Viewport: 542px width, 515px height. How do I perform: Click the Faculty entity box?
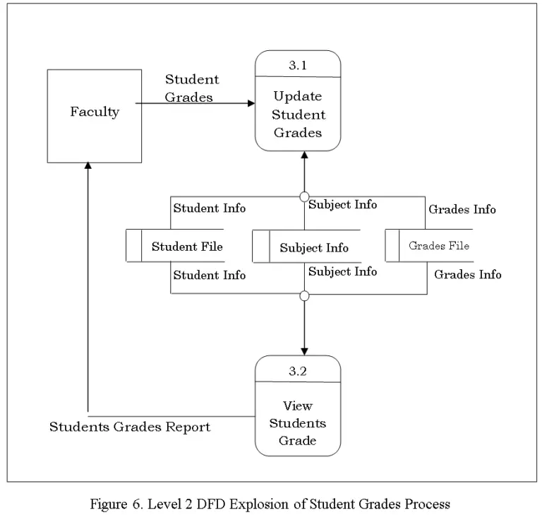tap(94, 116)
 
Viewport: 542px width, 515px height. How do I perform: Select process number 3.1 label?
tap(298, 65)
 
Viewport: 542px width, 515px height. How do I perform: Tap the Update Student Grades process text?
tap(298, 114)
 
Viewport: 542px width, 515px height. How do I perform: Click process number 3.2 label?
tap(298, 370)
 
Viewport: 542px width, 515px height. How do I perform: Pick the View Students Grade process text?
tap(298, 423)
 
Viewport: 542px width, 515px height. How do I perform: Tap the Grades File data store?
tap(438, 246)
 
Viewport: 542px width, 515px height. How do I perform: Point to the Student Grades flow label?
tap(191, 88)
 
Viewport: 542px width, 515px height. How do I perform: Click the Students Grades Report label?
tap(130, 427)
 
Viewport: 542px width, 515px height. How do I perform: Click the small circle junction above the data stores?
tap(305, 196)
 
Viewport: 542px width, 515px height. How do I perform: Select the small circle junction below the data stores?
tap(305, 295)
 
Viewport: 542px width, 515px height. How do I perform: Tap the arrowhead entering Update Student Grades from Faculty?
tap(251, 103)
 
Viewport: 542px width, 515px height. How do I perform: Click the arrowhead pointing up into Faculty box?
tap(88, 166)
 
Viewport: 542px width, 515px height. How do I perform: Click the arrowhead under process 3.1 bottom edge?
tap(305, 155)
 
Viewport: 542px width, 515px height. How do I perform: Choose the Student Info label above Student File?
tap(210, 208)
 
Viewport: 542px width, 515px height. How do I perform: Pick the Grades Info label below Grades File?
tap(467, 274)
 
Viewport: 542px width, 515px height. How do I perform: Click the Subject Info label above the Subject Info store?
tap(342, 204)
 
